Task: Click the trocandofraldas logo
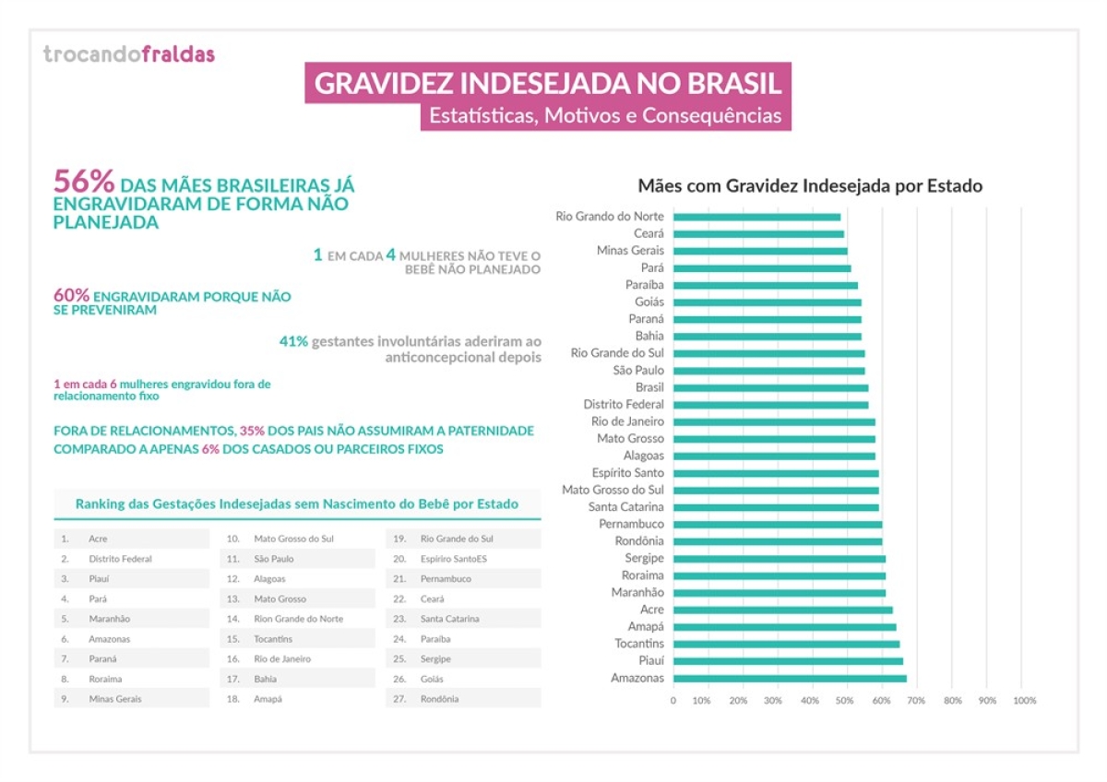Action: (x=128, y=54)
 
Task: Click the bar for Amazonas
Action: (x=790, y=679)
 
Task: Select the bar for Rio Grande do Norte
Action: (x=756, y=217)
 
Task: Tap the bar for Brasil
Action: (x=770, y=388)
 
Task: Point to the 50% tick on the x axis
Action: (x=846, y=701)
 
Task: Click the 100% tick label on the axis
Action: (x=1024, y=701)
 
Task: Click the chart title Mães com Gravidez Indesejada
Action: (x=810, y=185)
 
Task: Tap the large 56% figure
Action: (x=84, y=181)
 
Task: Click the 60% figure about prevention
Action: (x=71, y=296)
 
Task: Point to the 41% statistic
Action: (x=293, y=341)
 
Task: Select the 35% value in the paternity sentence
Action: (x=252, y=431)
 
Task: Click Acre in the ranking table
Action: (x=99, y=539)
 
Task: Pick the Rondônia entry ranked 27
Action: (x=439, y=699)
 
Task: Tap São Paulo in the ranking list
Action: (x=273, y=559)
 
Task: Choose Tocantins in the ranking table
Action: (x=273, y=639)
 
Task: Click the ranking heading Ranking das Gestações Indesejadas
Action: (x=296, y=504)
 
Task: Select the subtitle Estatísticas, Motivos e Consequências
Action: (x=604, y=116)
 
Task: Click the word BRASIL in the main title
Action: (x=734, y=84)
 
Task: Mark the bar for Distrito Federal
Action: (x=770, y=405)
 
